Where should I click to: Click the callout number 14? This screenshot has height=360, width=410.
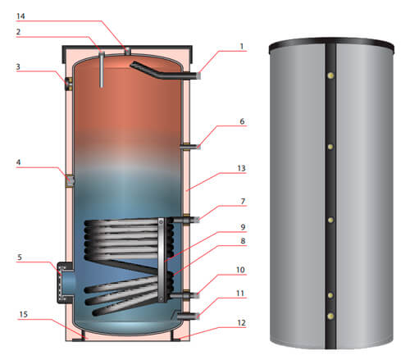(x=20, y=16)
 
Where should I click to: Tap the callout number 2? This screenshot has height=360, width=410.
(x=18, y=32)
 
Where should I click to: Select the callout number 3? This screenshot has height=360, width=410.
(x=18, y=66)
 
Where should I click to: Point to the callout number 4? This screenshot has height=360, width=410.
(x=18, y=162)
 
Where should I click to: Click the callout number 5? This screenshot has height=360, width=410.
(x=20, y=257)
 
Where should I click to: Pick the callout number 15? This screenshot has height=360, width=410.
(x=23, y=314)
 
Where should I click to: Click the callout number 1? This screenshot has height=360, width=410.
(x=242, y=47)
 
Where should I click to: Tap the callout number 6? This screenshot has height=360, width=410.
(x=242, y=121)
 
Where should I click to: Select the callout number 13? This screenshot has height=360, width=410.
(x=241, y=168)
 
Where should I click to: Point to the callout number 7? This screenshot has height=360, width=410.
(x=243, y=202)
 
